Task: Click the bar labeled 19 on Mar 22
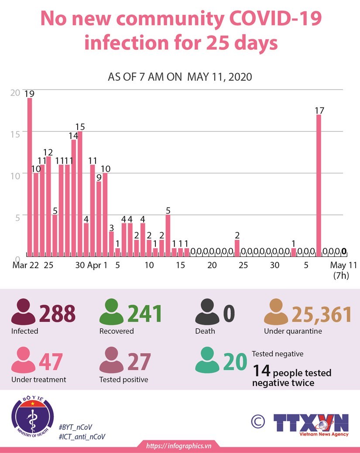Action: pos(30,176)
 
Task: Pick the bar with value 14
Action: pos(74,197)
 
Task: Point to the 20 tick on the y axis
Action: pos(15,92)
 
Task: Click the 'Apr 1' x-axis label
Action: pos(97,265)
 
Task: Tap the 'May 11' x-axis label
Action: pos(343,265)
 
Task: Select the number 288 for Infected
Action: pos(57,314)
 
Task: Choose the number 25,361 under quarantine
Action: pos(322,314)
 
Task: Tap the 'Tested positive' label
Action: pos(123,380)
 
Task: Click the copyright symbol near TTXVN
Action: pos(258,421)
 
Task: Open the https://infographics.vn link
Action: pos(179,446)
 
